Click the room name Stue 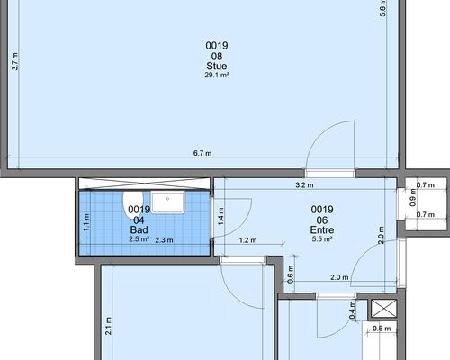click(217, 66)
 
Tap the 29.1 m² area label click(217, 75)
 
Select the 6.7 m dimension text click(202, 153)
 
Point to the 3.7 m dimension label click(15, 61)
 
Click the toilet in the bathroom click(133, 202)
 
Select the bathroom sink click(167, 202)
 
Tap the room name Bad click(139, 229)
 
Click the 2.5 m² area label click(139, 239)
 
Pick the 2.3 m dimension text click(164, 240)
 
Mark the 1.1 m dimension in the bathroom click(86, 222)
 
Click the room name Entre click(322, 229)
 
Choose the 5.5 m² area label click(322, 239)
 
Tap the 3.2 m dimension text click(304, 185)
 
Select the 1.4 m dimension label click(221, 217)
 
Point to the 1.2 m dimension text click(247, 240)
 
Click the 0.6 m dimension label click(291, 274)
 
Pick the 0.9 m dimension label click(413, 197)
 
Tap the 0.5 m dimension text click(382, 328)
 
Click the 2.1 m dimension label click(108, 326)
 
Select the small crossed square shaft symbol click(384, 308)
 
